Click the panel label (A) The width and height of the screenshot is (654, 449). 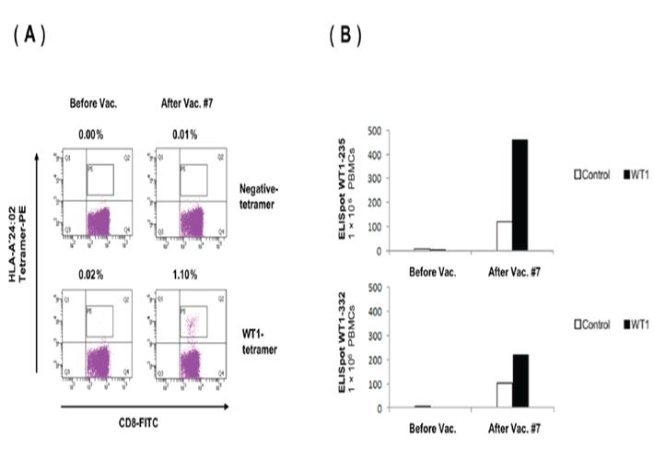29,36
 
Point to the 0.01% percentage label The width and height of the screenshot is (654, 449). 181,134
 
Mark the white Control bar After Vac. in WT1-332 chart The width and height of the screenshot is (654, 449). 503,382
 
